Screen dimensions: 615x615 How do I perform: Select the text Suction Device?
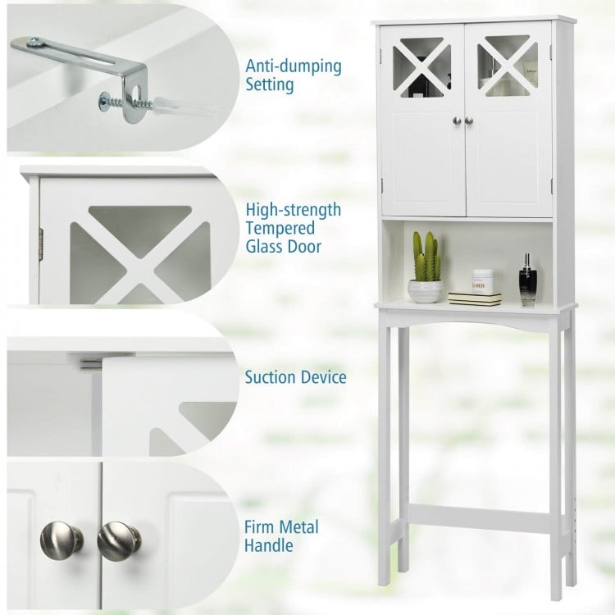(295, 378)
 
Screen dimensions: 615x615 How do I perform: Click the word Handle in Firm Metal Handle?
(269, 544)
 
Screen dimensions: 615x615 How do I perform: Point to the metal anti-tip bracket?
(82, 61)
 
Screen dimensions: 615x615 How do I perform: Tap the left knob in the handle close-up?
(61, 540)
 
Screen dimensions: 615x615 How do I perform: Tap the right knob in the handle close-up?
(119, 540)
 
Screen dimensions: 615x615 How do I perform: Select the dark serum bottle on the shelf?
(527, 281)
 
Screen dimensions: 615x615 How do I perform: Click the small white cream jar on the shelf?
(483, 281)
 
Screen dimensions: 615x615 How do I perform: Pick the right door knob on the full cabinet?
(470, 121)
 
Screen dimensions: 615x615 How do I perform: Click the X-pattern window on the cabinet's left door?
(421, 66)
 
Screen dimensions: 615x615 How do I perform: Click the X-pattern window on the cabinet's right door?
(508, 66)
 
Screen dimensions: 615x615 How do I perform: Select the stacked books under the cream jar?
(475, 298)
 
